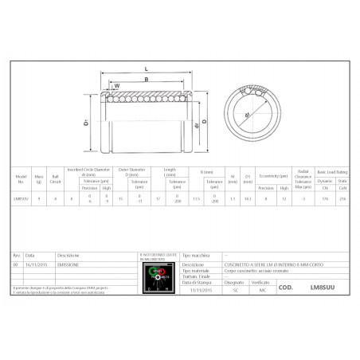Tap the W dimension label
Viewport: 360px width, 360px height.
(116, 85)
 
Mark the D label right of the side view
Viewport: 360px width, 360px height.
(205, 121)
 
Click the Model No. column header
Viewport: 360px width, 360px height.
(22, 174)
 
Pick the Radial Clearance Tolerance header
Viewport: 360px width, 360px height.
(303, 174)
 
